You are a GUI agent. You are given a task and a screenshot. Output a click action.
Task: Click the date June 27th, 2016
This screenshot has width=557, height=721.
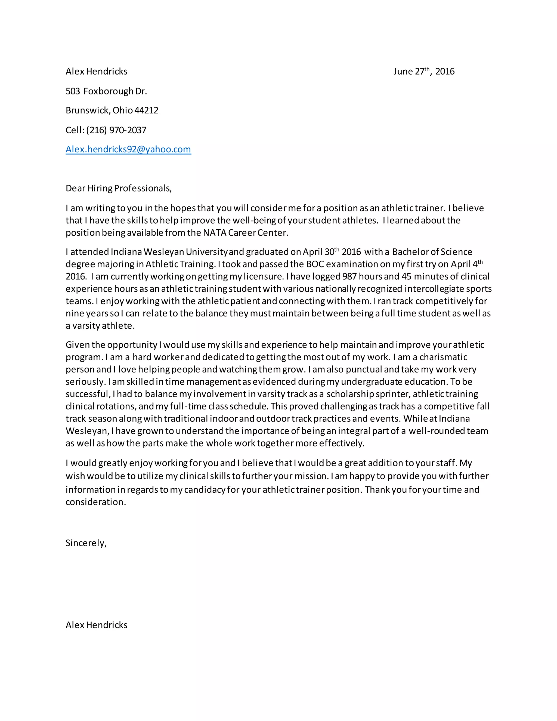[424, 71]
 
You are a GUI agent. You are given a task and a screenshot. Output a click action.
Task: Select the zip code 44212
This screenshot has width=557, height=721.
[147, 110]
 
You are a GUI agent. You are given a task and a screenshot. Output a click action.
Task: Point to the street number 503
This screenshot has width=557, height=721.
[73, 91]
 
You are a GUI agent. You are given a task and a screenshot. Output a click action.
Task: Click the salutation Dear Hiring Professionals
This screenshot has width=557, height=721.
[119, 188]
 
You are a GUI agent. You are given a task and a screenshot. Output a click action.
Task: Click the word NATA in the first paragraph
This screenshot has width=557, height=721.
[215, 233]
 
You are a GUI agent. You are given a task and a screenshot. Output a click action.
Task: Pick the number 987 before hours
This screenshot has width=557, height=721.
[349, 276]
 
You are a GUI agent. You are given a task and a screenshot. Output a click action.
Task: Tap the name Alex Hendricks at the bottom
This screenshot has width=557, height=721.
[96, 625]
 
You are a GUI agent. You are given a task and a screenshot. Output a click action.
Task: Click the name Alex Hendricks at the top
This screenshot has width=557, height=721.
[96, 71]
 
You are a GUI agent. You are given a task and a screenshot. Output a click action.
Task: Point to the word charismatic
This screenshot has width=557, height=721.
[443, 357]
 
